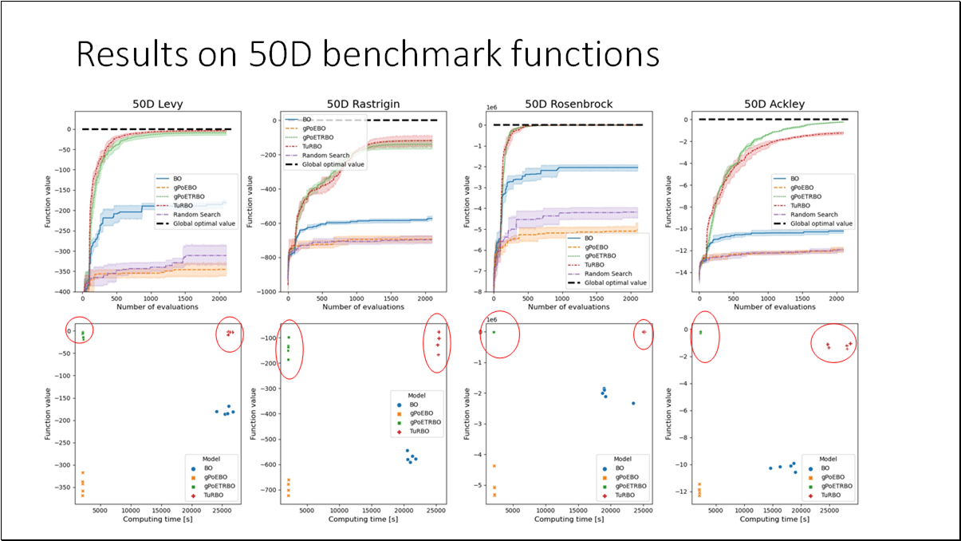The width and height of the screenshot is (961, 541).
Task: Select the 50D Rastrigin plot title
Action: point(363,104)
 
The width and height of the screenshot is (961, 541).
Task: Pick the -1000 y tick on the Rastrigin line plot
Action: point(269,292)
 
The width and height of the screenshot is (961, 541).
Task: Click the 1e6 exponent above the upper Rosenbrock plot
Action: point(492,106)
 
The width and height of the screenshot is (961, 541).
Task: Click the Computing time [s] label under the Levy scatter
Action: point(157,519)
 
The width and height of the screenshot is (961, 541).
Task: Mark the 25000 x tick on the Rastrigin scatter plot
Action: point(435,510)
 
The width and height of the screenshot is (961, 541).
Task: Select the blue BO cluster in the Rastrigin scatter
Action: point(411,457)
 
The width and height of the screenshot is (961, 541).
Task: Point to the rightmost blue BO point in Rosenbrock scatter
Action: point(633,403)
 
